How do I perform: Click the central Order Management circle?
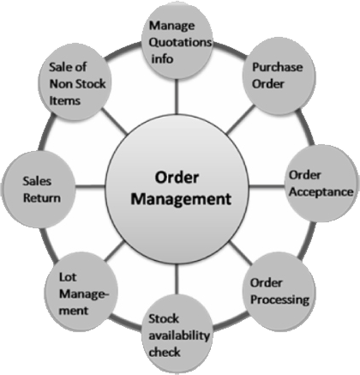click(x=177, y=189)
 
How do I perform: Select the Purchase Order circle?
click(x=279, y=76)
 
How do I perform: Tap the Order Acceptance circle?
click(x=322, y=183)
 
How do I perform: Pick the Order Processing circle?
click(x=279, y=292)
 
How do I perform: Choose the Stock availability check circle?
click(x=177, y=334)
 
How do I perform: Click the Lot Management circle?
click(x=81, y=293)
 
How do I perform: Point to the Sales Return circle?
click(x=39, y=190)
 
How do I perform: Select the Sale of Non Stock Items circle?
click(x=75, y=82)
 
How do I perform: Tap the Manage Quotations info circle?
click(x=177, y=40)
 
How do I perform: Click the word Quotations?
click(x=180, y=43)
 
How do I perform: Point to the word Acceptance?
click(x=321, y=191)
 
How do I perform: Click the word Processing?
click(x=279, y=299)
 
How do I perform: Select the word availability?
click(x=179, y=336)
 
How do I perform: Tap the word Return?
click(x=42, y=198)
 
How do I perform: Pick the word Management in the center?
click(x=181, y=199)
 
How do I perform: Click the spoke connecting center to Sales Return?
click(x=91, y=187)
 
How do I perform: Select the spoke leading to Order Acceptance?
click(x=267, y=187)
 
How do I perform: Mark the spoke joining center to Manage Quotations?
click(x=177, y=97)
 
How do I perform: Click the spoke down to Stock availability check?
click(x=177, y=279)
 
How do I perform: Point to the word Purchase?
click(x=277, y=68)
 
